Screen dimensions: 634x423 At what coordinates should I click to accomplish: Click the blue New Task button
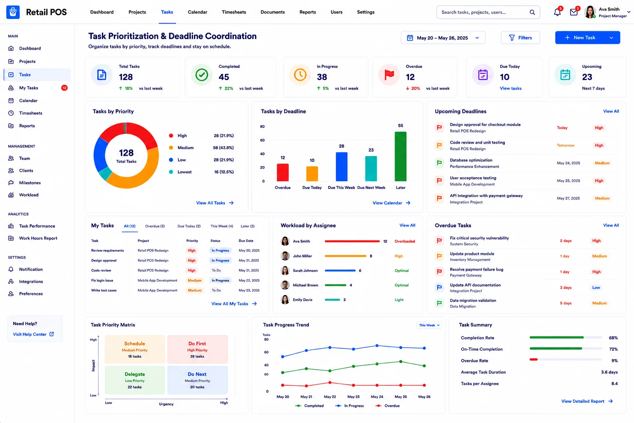pos(587,38)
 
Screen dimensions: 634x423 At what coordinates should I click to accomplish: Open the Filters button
pos(520,38)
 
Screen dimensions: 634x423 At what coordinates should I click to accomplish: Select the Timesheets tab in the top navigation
pos(234,12)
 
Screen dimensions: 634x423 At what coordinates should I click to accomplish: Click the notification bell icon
pos(557,12)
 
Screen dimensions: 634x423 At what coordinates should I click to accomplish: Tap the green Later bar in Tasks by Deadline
pos(400,157)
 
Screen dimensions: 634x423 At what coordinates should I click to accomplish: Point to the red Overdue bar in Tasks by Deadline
pos(282,172)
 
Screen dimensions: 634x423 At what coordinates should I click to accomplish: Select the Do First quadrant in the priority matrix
pos(197,349)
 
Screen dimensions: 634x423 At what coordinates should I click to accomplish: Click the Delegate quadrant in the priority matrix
pos(135,380)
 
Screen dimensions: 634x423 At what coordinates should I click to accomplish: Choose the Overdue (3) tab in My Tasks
pos(155,226)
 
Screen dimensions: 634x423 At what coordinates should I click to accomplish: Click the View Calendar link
pos(391,203)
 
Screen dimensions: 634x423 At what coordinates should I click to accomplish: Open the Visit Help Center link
pos(33,334)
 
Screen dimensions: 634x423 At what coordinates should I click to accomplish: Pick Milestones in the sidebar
pos(30,183)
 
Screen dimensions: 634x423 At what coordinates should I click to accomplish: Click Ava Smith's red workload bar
pos(352,241)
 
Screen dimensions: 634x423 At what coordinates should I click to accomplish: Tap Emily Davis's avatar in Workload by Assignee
pos(285,299)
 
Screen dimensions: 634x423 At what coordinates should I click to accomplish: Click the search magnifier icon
pos(532,12)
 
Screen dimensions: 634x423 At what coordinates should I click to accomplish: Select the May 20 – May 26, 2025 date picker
pos(443,38)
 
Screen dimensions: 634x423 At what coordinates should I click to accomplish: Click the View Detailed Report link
pos(587,401)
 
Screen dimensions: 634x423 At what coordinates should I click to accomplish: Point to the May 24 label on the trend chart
pos(377,397)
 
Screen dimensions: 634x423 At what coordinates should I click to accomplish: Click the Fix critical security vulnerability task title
pos(479,238)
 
